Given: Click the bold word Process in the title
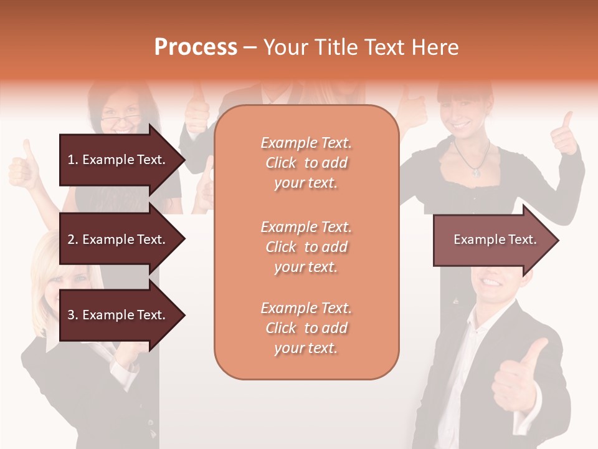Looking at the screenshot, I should coord(196,47).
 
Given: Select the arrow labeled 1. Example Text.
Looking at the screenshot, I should coord(118,160).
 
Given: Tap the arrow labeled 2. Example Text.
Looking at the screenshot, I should coord(118,239).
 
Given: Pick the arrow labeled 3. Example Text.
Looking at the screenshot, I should coord(118,315).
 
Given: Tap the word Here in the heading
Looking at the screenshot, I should coord(434,47).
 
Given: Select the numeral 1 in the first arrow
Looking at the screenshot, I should coord(71,160).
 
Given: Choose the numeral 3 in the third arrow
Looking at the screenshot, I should coord(71,315).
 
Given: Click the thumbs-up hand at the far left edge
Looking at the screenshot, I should coord(24,165).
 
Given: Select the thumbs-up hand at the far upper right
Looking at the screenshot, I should coord(565,134).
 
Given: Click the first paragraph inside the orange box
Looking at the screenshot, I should coord(306,163).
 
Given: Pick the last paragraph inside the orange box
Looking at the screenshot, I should coord(306,328).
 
